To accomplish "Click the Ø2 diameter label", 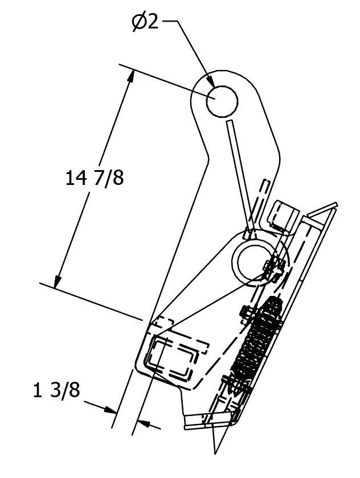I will [145, 23].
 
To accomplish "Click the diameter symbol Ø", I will [138, 23].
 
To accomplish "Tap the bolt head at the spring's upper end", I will [247, 311].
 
